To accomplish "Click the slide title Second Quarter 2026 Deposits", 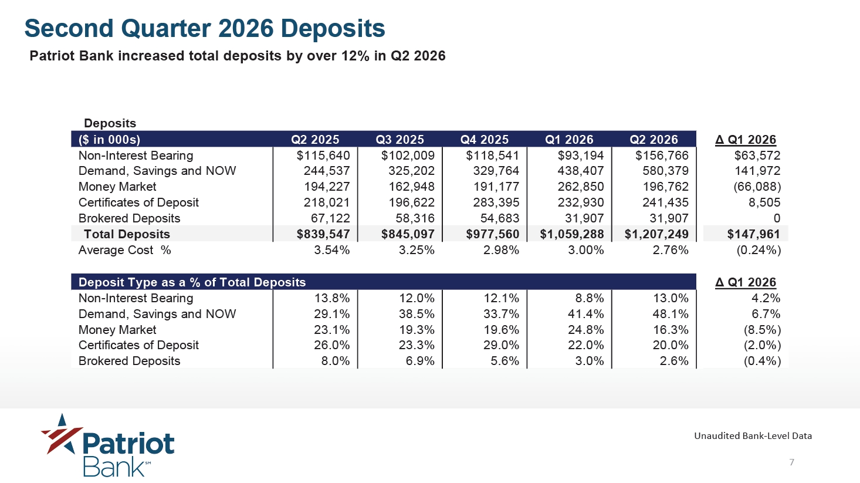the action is coord(205,28).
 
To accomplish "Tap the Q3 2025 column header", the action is coord(399,139).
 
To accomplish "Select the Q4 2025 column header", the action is coord(484,139).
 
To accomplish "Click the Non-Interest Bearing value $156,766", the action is coord(662,156).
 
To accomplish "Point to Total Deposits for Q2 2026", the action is coord(656,234).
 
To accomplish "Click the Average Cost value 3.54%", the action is coord(331,251).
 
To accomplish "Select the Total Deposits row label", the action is coord(127,234).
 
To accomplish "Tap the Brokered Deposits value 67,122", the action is coord(330,218).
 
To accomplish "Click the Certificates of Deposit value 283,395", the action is coord(496,202).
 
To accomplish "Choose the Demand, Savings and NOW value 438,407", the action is coord(581,171).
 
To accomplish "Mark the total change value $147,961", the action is coord(754,234).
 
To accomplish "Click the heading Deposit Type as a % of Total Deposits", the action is coord(192,282).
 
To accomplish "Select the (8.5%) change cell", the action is coord(762,330).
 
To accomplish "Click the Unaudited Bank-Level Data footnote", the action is coord(753,436).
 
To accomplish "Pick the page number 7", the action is coord(791,462).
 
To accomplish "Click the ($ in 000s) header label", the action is coord(110,139).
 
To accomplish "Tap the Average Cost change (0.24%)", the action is coord(759,251).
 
